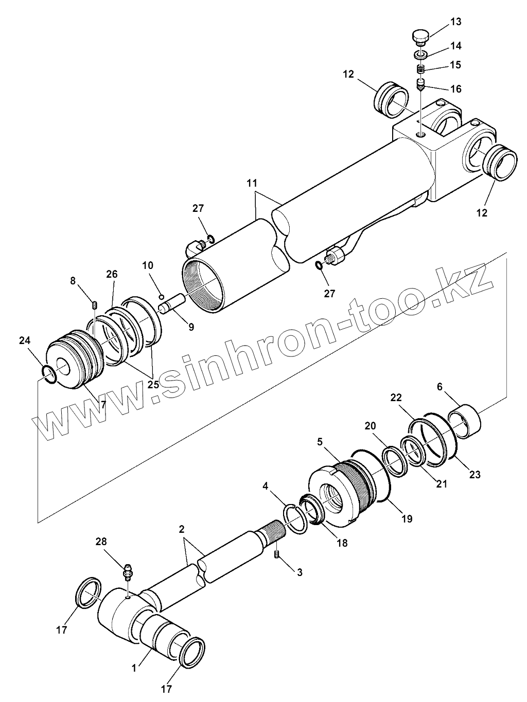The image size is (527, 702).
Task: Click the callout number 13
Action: pyautogui.click(x=455, y=22)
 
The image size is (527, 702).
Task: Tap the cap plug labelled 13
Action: pyautogui.click(x=420, y=38)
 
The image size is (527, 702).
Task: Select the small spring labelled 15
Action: pyautogui.click(x=420, y=68)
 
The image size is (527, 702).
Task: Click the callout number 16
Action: pyautogui.click(x=455, y=89)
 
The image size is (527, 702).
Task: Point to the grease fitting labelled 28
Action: pyautogui.click(x=128, y=571)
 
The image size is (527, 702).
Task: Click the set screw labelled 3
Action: pyautogui.click(x=277, y=554)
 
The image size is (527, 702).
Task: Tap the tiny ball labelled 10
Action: pyautogui.click(x=161, y=296)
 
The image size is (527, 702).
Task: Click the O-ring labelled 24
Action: pyautogui.click(x=49, y=373)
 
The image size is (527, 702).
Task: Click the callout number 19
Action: pyautogui.click(x=407, y=519)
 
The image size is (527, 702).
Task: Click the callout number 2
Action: pyautogui.click(x=182, y=529)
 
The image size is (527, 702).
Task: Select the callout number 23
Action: pyautogui.click(x=475, y=475)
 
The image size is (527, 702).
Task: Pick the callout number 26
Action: pyautogui.click(x=112, y=275)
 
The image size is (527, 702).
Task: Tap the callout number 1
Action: pyautogui.click(x=134, y=668)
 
